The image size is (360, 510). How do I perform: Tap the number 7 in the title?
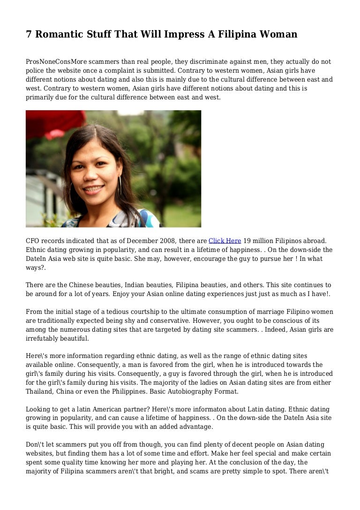[x=29, y=34]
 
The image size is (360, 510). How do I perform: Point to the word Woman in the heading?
[x=278, y=34]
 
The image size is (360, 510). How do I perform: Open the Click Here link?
[x=225, y=241]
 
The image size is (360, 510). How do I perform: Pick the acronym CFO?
[x=33, y=241]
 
